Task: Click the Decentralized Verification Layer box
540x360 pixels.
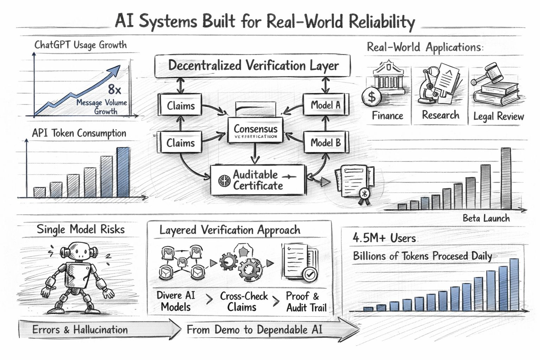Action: pos(252,66)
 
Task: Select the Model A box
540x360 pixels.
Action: pos(326,105)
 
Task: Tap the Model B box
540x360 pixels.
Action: pos(326,143)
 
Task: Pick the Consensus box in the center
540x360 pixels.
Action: pos(256,131)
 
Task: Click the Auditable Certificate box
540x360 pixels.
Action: pos(257,180)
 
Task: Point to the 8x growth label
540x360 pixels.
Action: pos(114,89)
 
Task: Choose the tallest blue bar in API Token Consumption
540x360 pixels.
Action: pos(123,172)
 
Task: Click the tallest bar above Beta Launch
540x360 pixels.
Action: pos(506,179)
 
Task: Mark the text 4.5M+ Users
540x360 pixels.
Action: pos(384,238)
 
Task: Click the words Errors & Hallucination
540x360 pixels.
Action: pos(80,330)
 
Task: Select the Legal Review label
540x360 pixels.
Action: pos(499,116)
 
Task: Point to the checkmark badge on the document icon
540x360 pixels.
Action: pos(309,273)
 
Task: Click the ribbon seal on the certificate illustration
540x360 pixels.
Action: pos(364,195)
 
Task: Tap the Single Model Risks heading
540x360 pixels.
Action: pos(81,230)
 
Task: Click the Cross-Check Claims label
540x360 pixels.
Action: pos(243,301)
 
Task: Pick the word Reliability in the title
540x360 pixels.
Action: pos(382,22)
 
